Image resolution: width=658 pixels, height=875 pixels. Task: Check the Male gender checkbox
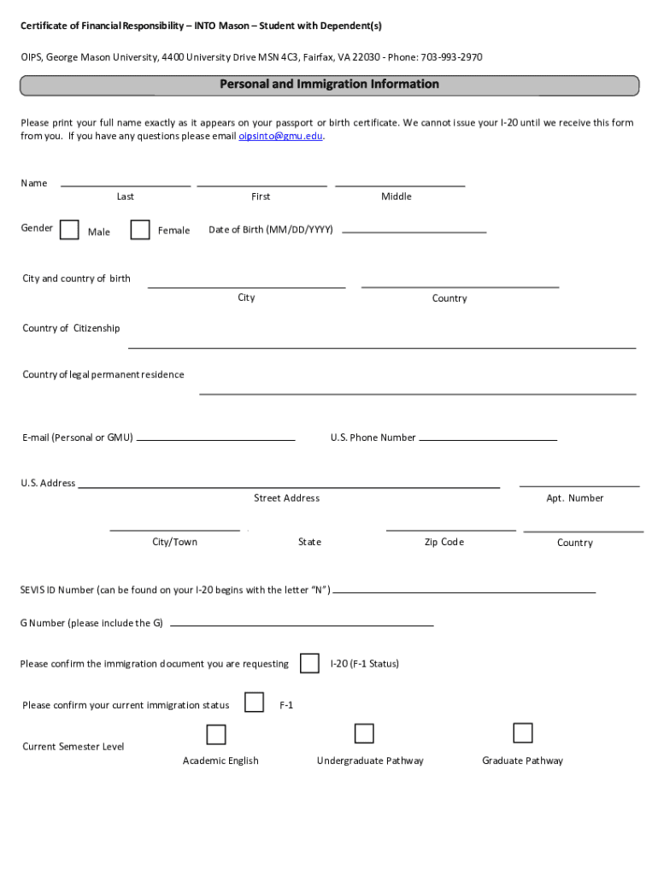click(70, 231)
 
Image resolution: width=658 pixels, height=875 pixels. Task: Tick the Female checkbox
click(140, 230)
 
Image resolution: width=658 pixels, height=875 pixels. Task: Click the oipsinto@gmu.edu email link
click(280, 136)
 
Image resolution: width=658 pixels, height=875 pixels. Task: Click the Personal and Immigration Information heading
click(329, 85)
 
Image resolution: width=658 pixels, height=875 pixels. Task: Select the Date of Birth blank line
click(414, 231)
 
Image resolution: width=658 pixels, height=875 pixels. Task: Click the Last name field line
click(126, 185)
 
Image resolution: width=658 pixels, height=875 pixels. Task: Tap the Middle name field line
click(400, 185)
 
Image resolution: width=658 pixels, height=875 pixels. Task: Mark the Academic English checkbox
click(216, 735)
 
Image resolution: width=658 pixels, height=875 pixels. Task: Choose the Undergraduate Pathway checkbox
click(364, 733)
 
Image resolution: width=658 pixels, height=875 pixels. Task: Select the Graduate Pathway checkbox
click(523, 733)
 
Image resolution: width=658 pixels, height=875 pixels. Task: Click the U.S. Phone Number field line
click(488, 439)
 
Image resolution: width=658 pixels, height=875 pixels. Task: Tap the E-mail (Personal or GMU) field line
click(215, 439)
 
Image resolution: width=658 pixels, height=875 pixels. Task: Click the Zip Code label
click(444, 542)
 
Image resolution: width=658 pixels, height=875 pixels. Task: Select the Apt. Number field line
click(579, 484)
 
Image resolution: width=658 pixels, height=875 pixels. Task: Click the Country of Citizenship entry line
click(382, 347)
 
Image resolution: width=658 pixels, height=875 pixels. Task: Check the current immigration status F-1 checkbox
click(254, 702)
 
